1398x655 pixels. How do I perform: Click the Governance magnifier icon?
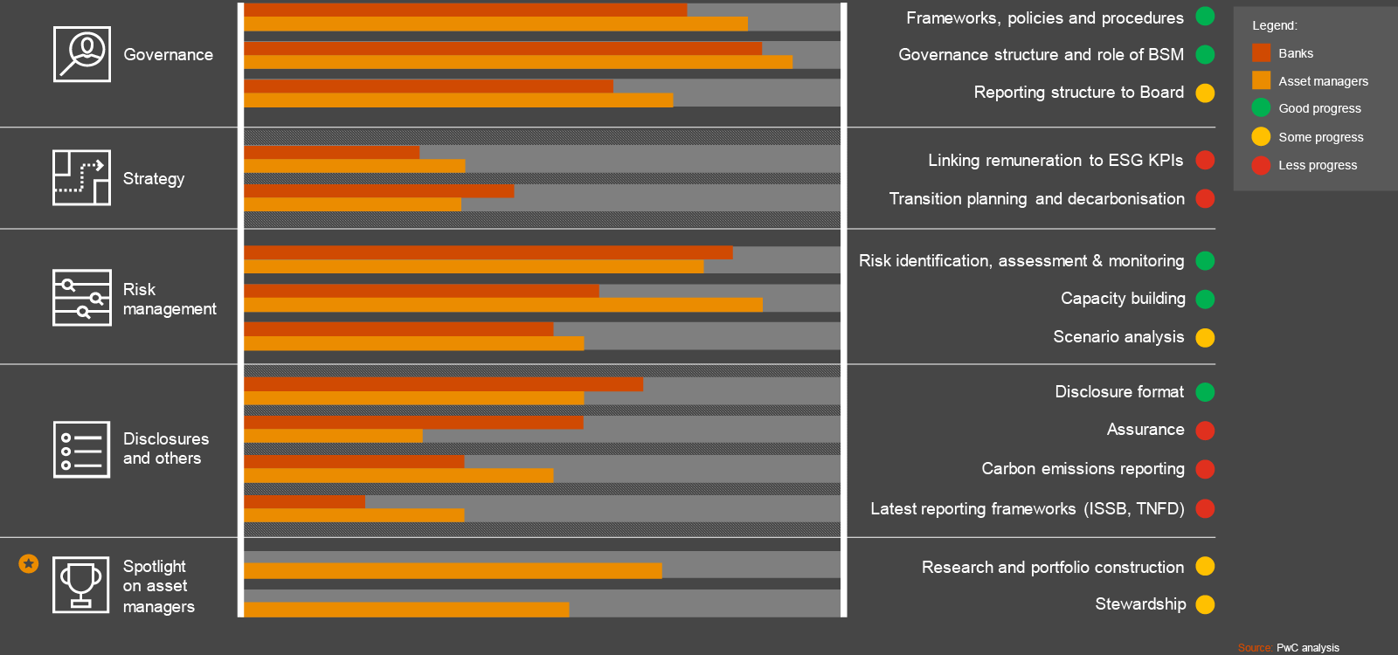[x=81, y=54]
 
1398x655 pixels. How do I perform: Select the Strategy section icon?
[x=81, y=177]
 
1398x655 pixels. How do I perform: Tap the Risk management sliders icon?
[x=81, y=298]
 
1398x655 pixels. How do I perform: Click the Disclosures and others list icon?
[x=81, y=450]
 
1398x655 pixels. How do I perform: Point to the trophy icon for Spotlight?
[x=81, y=584]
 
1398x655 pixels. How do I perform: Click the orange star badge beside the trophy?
[x=29, y=563]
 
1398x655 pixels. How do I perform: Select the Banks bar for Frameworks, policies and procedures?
[x=465, y=10]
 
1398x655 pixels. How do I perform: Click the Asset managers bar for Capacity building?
[x=502, y=305]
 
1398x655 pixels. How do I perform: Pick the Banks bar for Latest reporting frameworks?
[x=304, y=501]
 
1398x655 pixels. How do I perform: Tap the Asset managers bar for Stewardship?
[x=406, y=610]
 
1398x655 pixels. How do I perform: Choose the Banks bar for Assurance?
[x=413, y=423]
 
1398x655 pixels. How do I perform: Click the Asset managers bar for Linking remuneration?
[x=354, y=166]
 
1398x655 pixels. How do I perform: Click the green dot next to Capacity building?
[x=1205, y=299]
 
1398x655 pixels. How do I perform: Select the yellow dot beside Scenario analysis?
[x=1205, y=337]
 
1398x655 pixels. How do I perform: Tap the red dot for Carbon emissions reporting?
[x=1205, y=469]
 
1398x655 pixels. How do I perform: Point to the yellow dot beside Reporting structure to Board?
[x=1205, y=93]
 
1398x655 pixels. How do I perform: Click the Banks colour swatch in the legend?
[x=1261, y=53]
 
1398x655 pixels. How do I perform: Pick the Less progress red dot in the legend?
[x=1261, y=165]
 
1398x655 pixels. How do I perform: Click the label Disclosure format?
[x=1118, y=392]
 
